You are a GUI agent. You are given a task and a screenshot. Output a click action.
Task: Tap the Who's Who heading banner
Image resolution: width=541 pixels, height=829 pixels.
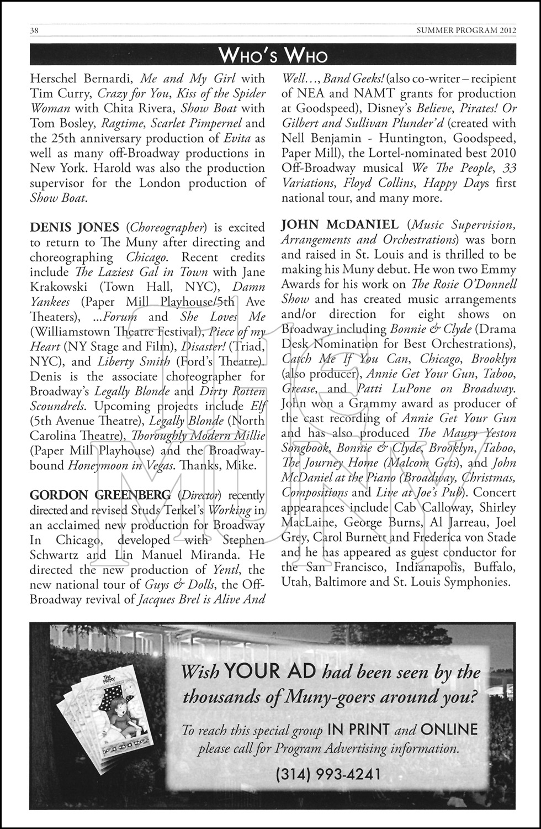click(x=273, y=55)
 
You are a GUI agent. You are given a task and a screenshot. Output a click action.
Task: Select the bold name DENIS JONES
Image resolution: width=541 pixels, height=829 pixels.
click(x=74, y=227)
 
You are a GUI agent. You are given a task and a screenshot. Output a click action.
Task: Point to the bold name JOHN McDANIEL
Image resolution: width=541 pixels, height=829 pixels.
click(x=340, y=225)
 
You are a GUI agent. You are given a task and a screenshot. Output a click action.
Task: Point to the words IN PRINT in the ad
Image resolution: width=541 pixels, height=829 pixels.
click(x=358, y=730)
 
